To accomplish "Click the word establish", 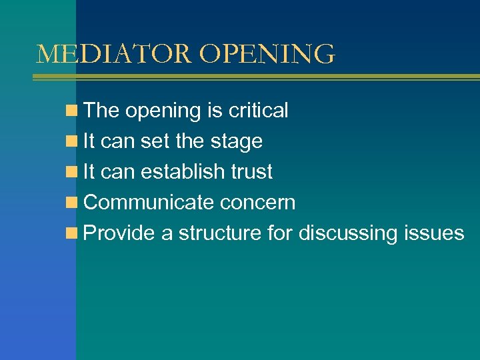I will (x=173, y=172).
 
